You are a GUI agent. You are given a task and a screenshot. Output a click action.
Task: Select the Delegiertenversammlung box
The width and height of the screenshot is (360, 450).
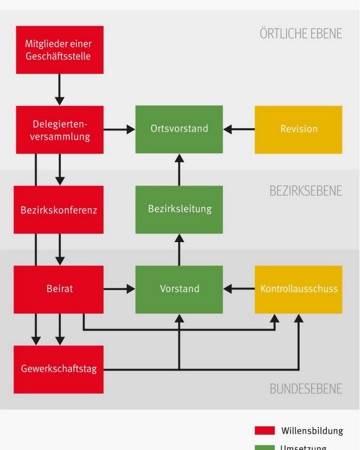(x=60, y=129)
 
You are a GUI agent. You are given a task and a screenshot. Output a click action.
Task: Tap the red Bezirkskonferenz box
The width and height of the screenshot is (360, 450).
(x=59, y=209)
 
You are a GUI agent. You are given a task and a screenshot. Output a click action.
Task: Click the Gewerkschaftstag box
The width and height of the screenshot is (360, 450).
(x=59, y=369)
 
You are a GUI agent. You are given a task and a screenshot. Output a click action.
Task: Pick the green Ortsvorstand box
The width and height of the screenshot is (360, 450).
(x=179, y=129)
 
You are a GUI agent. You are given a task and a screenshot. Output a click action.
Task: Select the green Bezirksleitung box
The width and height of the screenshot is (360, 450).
(x=179, y=209)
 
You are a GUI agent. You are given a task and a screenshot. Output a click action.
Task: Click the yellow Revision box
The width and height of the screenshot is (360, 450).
(x=298, y=129)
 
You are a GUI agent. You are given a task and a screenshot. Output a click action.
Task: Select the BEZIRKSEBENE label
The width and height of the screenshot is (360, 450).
(x=305, y=191)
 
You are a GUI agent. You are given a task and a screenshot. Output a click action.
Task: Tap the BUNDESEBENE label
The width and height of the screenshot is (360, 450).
(x=305, y=389)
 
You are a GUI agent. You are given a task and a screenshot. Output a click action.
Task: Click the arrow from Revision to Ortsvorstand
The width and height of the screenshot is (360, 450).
(x=239, y=129)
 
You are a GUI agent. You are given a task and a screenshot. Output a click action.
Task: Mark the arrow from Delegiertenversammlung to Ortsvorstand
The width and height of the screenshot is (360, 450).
(x=119, y=129)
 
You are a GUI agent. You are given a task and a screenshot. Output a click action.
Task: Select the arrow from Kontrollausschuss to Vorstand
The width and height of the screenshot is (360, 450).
(x=239, y=288)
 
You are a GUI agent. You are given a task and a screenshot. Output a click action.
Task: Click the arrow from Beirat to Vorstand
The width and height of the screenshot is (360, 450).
(x=119, y=288)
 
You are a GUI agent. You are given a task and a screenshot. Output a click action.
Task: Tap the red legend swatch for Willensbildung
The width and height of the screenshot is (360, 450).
(x=265, y=430)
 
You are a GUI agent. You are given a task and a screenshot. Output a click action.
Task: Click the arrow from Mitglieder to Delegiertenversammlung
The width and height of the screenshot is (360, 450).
(x=60, y=90)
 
